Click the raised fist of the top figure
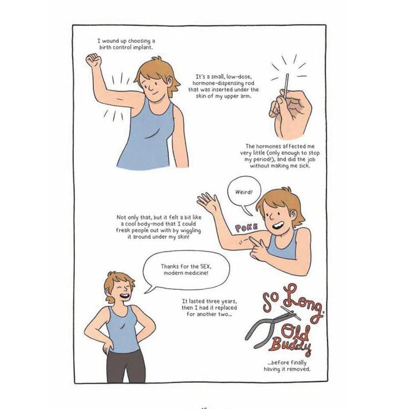pos(94,60)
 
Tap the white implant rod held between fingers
pos(287,85)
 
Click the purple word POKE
pos(246,228)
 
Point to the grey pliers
pos(271,326)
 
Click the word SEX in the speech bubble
pos(206,266)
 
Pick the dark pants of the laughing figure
pos(126,367)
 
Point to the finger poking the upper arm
pos(252,240)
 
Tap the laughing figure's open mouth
pos(124,297)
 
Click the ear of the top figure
pos(170,80)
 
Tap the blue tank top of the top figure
pos(149,135)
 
